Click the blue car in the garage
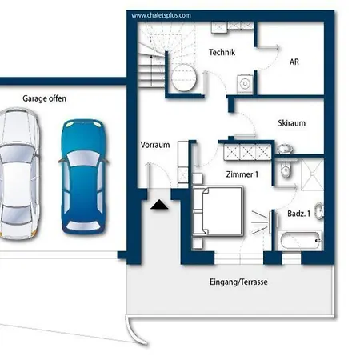pos(84,177)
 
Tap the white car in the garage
pos(19,174)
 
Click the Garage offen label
pos(44,98)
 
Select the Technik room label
pos(222,52)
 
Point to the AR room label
pos(294,62)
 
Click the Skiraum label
pos(291,123)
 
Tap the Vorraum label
pos(155,145)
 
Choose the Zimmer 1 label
pos(242,174)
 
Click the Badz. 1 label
pos(298,214)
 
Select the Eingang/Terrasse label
pos(238,282)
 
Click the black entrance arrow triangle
pos(159,204)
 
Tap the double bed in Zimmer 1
pos(218,211)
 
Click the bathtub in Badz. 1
pos(300,241)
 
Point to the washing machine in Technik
pos(245,84)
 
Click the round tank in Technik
pos(184,78)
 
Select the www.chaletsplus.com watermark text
pos(161,15)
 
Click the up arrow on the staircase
pos(151,70)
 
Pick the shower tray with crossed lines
pos(312,174)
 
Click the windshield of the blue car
pos(83,158)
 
